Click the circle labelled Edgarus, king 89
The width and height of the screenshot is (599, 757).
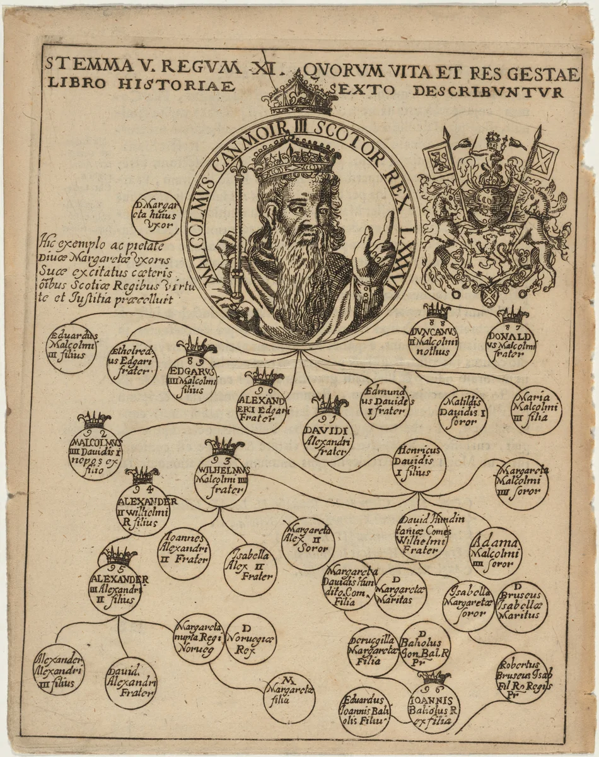coord(192,379)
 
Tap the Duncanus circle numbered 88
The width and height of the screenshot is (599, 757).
coord(433,341)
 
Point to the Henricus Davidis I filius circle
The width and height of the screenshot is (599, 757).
coord(419,465)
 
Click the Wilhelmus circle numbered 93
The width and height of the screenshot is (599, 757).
coord(221,479)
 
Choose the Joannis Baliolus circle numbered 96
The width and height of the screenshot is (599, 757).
coord(434,708)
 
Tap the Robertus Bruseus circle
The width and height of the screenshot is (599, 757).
coord(522,678)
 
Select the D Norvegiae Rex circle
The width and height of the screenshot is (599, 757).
coord(250,639)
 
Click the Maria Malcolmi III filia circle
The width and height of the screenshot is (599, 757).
coord(537,409)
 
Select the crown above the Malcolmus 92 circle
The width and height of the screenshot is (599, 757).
coord(95,420)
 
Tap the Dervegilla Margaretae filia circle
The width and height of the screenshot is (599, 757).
coord(373,650)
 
